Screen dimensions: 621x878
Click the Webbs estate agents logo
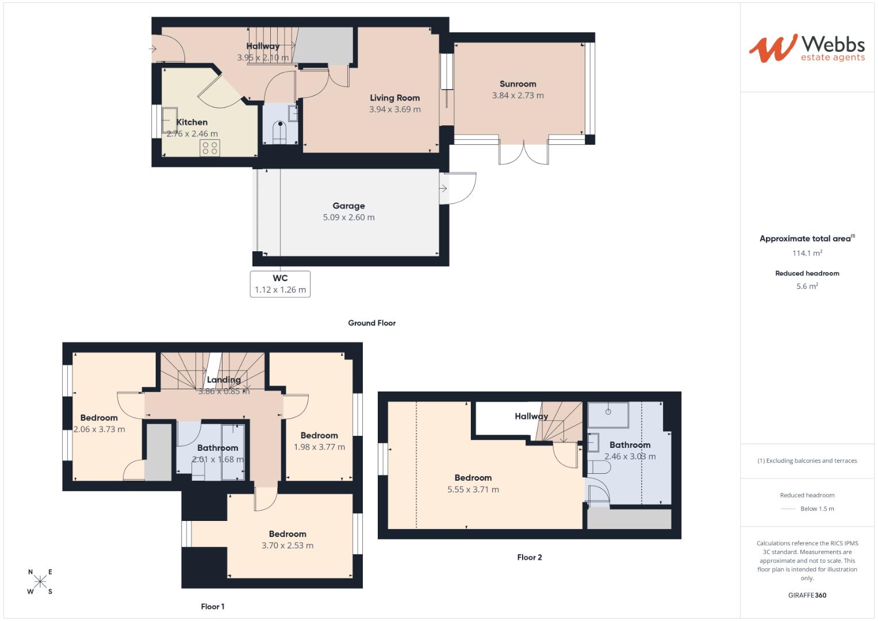point(807,48)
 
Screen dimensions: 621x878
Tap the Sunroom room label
point(517,84)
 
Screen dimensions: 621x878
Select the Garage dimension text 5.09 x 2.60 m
point(348,217)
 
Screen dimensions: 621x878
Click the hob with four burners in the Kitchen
point(210,148)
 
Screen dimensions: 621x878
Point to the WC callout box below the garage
point(280,284)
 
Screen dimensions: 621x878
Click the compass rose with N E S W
point(40,581)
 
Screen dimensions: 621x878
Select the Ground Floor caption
point(371,323)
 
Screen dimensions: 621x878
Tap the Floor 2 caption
point(529,557)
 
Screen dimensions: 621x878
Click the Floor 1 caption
point(212,607)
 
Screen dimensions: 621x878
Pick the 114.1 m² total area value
point(807,253)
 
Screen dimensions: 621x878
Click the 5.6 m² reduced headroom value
point(807,286)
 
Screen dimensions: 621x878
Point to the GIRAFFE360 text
point(807,595)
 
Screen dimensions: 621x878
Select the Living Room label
point(394,98)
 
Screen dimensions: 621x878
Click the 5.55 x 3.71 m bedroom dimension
point(473,490)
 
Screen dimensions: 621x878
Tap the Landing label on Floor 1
point(224,380)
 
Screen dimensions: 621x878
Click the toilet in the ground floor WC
point(280,132)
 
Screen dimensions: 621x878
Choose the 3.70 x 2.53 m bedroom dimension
point(287,546)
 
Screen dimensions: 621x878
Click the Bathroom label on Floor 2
point(630,445)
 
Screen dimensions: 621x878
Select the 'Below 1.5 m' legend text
point(816,509)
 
